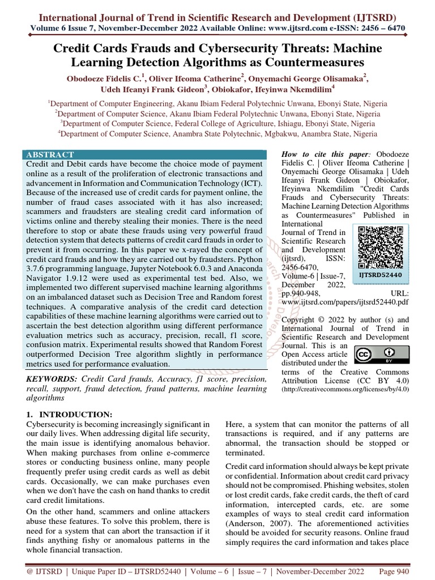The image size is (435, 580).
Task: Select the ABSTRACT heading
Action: [x=50, y=155]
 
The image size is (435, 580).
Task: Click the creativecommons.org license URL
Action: [x=346, y=390]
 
